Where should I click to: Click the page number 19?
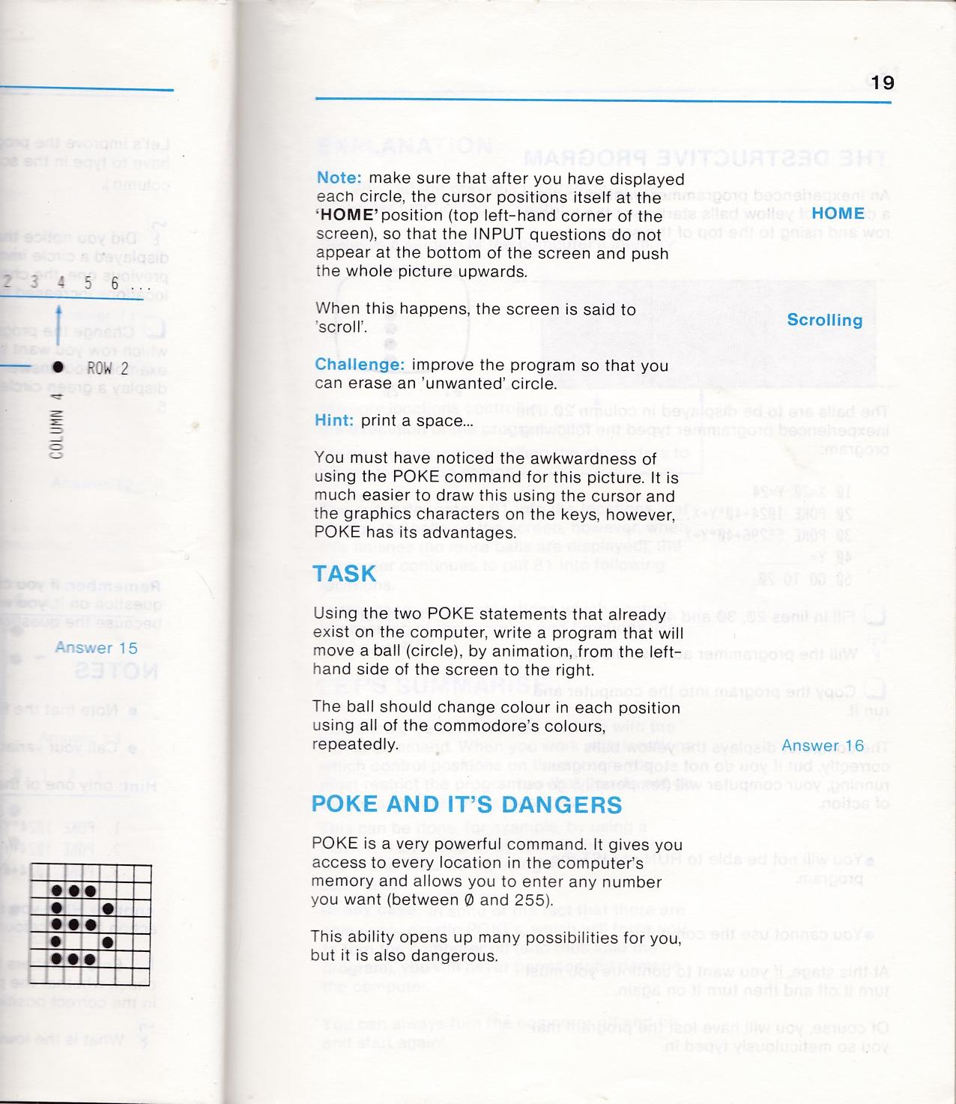(883, 82)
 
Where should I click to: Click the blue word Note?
(339, 179)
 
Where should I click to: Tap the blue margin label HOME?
(838, 213)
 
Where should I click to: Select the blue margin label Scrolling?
(824, 321)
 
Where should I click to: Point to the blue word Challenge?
(360, 366)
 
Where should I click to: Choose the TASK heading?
(345, 574)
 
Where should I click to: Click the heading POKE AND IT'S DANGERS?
(467, 805)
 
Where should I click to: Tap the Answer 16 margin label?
(822, 746)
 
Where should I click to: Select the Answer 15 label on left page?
(96, 648)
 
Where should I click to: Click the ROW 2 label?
(108, 368)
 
